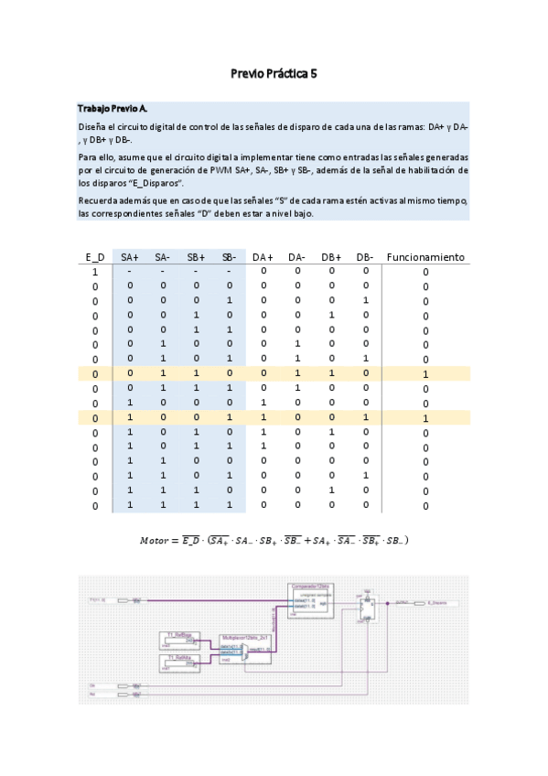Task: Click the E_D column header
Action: [94, 257]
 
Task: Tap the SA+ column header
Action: [130, 257]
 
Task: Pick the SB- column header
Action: [229, 257]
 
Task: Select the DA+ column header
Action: [263, 257]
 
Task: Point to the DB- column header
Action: [364, 257]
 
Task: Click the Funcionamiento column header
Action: [425, 257]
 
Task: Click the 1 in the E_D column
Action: [94, 272]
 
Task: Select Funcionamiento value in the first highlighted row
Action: [425, 374]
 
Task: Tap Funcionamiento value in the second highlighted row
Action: [425, 418]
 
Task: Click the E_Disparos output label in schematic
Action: [440, 603]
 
